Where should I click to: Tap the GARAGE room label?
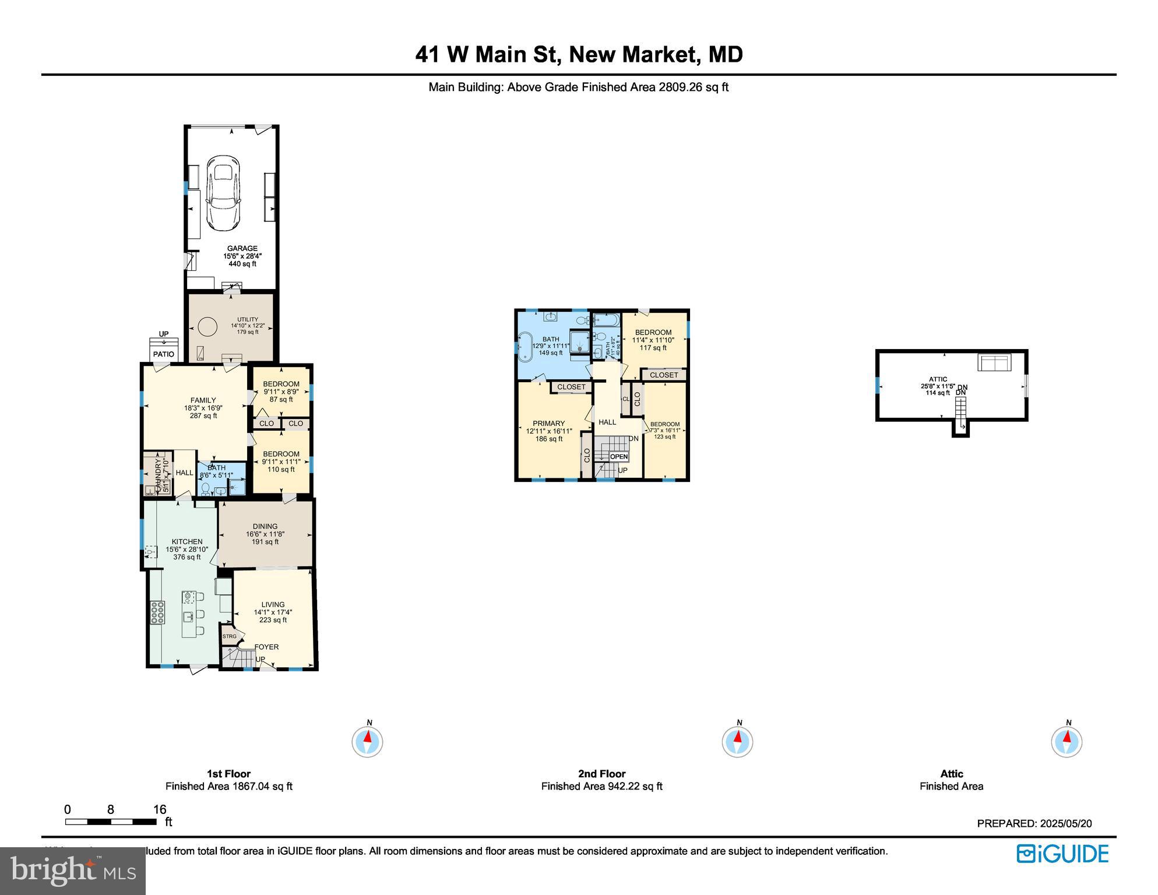click(242, 249)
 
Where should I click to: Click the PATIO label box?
click(164, 354)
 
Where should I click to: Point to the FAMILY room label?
click(203, 400)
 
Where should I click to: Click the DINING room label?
click(265, 527)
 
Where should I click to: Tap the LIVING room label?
click(273, 605)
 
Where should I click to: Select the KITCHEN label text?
click(187, 542)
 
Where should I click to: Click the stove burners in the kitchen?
click(157, 613)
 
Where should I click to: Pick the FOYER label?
click(266, 647)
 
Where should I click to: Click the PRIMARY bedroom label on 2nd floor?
click(548, 424)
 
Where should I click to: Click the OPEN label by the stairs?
click(619, 457)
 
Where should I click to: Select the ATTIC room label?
click(938, 379)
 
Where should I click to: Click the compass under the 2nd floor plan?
click(737, 742)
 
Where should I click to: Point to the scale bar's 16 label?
click(160, 809)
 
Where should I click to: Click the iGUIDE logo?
click(1062, 854)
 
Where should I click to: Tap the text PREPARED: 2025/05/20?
click(1034, 823)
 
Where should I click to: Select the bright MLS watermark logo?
click(73, 871)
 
